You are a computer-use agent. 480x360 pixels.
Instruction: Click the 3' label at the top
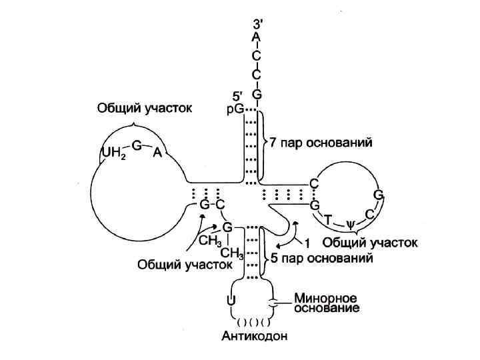pos(257,23)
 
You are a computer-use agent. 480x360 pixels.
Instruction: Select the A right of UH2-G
pos(157,153)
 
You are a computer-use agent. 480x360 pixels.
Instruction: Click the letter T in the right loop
pos(328,219)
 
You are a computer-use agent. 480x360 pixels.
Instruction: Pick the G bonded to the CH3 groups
pos(227,228)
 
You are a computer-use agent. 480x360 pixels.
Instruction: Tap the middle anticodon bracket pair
pos(254,323)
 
